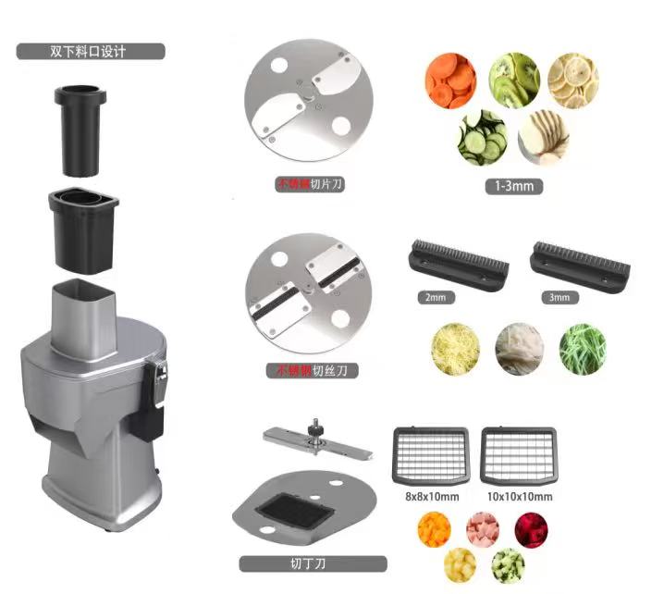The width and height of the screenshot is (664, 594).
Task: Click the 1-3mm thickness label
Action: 513,186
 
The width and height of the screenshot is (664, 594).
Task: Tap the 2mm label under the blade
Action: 436,297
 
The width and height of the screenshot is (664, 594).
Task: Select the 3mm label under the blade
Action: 559,297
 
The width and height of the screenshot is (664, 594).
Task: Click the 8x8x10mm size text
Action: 432,496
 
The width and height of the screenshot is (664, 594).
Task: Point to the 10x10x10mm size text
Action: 520,496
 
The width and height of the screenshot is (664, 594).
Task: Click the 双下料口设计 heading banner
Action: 91,51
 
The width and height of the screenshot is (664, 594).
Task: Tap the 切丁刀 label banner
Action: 313,563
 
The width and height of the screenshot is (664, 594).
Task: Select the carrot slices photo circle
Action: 450,80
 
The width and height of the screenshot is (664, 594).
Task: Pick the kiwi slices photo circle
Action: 514,80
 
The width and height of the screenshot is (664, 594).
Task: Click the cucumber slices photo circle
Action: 482,138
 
